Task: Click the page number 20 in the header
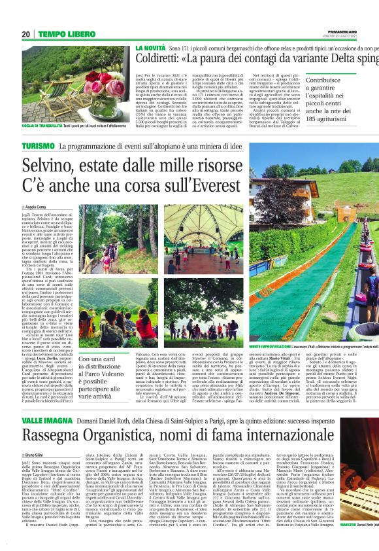(x=26, y=34)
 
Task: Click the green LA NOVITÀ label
(x=151, y=49)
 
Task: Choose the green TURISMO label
(x=39, y=145)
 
